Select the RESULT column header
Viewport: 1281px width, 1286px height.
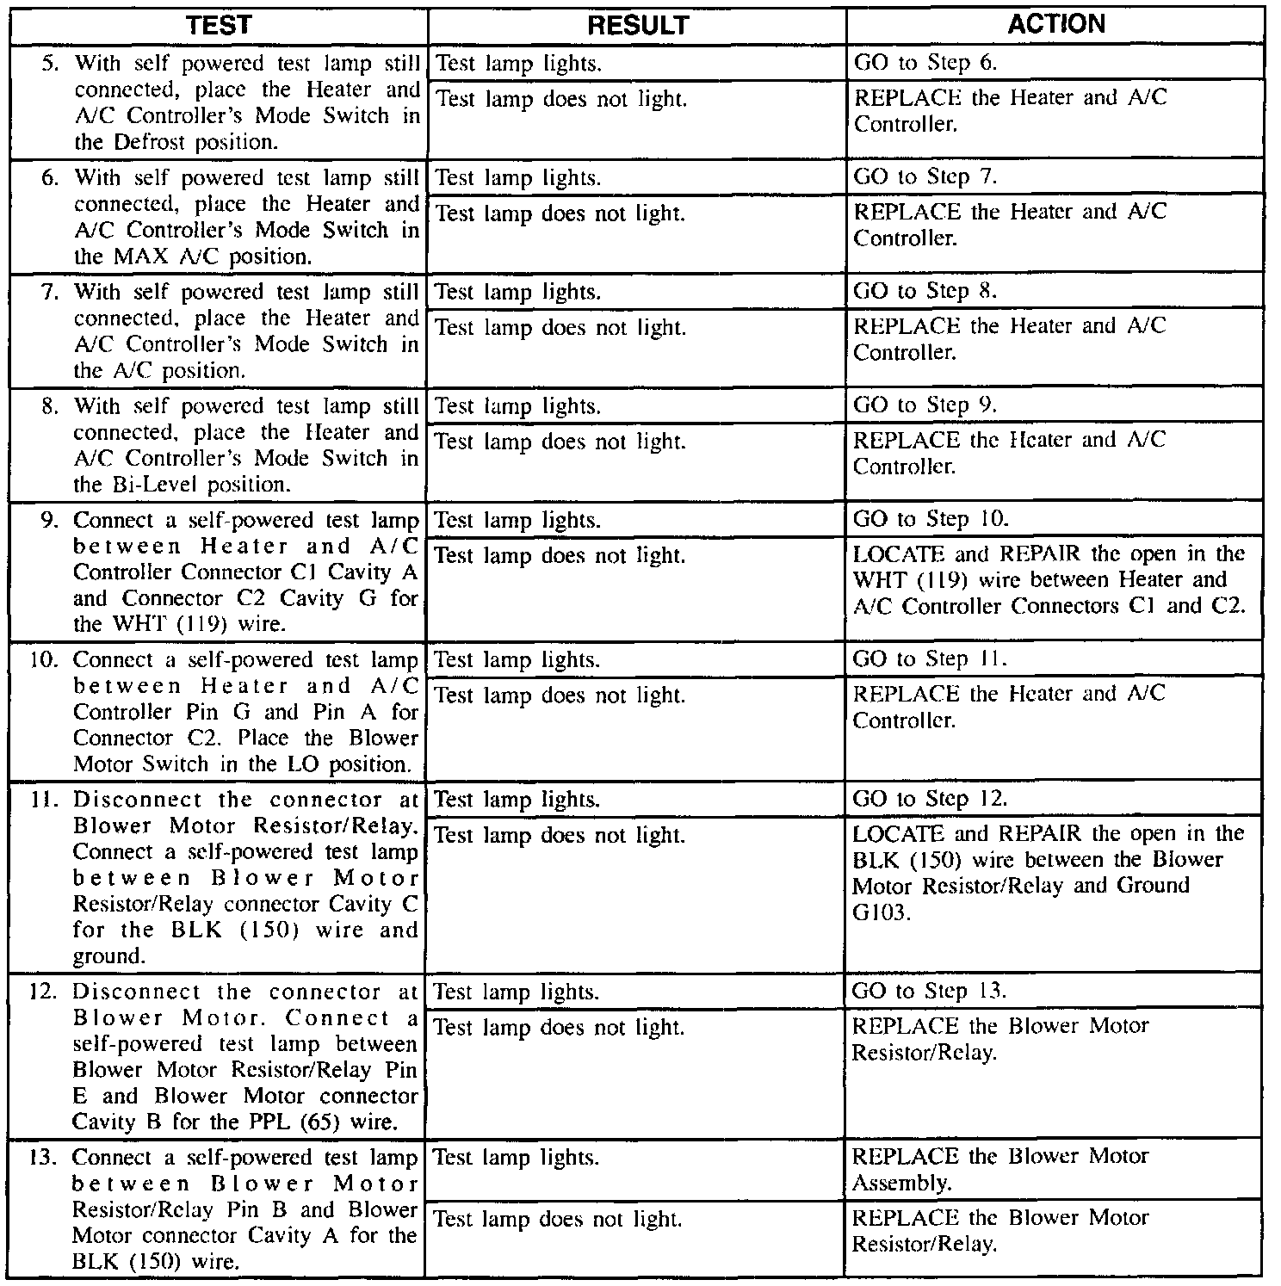[x=638, y=26]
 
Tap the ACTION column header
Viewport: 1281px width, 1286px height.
[x=1055, y=24]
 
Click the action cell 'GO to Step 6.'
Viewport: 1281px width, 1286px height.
[x=925, y=63]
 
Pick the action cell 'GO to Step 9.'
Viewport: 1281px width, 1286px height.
[x=925, y=405]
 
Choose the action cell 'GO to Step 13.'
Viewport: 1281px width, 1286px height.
[x=929, y=991]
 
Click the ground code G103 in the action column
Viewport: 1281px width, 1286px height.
[x=880, y=912]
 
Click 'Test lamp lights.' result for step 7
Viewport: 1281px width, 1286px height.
[x=518, y=293]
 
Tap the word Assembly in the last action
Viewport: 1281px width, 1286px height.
[x=901, y=1184]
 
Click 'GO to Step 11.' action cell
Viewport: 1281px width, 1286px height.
[x=929, y=659]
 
